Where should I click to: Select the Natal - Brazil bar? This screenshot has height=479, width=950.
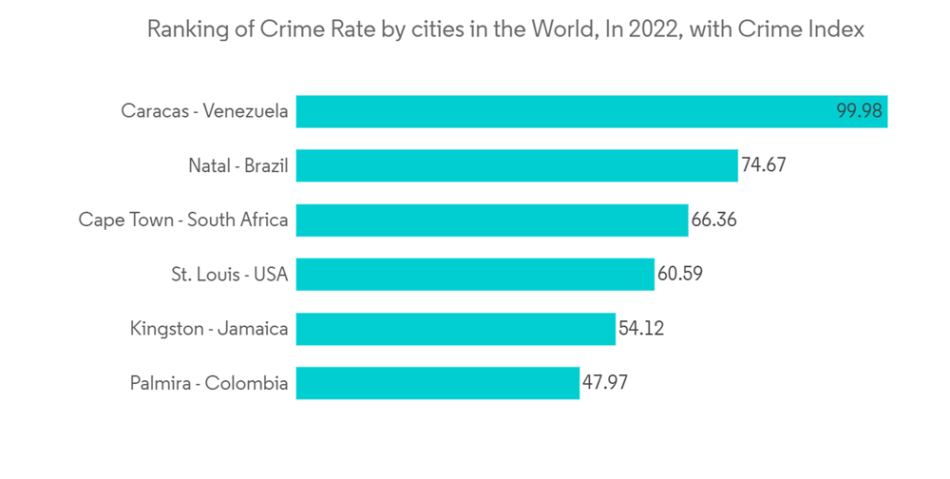(x=517, y=165)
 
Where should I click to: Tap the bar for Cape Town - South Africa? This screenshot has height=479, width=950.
(x=492, y=220)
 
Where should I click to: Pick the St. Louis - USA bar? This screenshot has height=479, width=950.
(x=475, y=275)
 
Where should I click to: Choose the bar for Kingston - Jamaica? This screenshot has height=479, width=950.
(x=456, y=329)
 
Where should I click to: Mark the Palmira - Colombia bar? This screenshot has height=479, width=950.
(x=438, y=383)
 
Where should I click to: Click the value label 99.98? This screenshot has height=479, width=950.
(x=860, y=111)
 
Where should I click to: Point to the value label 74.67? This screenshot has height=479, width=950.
(x=764, y=165)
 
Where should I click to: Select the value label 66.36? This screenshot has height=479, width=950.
(x=714, y=220)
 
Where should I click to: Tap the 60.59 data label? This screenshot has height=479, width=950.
(x=679, y=275)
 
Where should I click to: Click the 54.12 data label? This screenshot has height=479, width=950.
(x=641, y=329)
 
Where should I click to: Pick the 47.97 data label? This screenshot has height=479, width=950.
(x=605, y=383)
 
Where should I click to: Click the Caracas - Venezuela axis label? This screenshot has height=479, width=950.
(x=204, y=111)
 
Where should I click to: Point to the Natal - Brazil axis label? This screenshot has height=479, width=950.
(x=237, y=165)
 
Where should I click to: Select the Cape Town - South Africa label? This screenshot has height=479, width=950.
(x=183, y=220)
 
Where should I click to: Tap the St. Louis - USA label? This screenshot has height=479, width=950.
(x=229, y=275)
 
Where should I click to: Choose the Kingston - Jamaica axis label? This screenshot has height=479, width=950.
(x=209, y=329)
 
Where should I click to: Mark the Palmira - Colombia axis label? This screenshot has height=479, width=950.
(x=209, y=383)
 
